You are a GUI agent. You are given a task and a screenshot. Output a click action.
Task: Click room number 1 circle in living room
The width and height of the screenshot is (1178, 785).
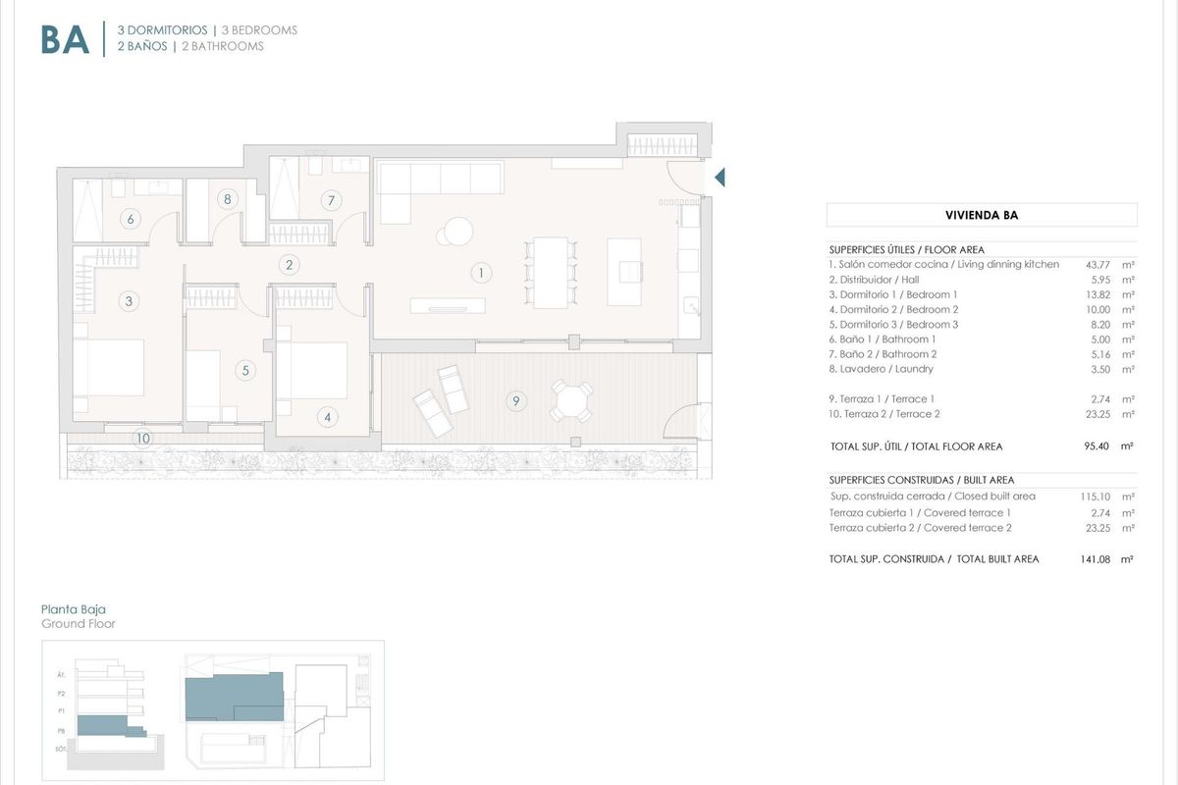[481, 272]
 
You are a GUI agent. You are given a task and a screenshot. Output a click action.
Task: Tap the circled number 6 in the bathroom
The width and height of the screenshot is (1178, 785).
[131, 219]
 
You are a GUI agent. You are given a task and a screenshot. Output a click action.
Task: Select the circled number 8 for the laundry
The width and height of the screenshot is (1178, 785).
[228, 199]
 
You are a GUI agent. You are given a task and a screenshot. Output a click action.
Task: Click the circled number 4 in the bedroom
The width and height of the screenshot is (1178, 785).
[328, 417]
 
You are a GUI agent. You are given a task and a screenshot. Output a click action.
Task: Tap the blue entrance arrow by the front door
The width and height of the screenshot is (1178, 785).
[719, 178]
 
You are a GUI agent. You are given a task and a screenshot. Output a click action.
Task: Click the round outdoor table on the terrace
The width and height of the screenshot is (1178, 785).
[571, 398]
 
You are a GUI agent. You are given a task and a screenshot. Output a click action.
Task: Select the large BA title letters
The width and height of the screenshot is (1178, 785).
[65, 39]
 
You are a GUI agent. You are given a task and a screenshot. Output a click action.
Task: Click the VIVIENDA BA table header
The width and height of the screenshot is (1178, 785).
[981, 215]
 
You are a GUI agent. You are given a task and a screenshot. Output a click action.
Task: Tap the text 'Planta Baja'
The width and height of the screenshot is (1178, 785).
[74, 609]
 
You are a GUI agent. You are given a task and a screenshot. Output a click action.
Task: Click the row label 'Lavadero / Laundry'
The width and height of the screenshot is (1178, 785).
[881, 369]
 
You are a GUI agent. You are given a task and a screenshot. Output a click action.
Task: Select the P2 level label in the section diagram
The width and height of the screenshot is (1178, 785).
[61, 693]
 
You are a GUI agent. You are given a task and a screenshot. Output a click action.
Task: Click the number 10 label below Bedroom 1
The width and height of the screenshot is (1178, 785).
[143, 438]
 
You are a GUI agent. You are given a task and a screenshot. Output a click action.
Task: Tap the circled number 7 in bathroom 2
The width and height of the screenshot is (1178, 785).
[332, 201]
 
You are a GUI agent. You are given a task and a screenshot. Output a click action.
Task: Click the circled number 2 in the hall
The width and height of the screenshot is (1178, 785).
[289, 264]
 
